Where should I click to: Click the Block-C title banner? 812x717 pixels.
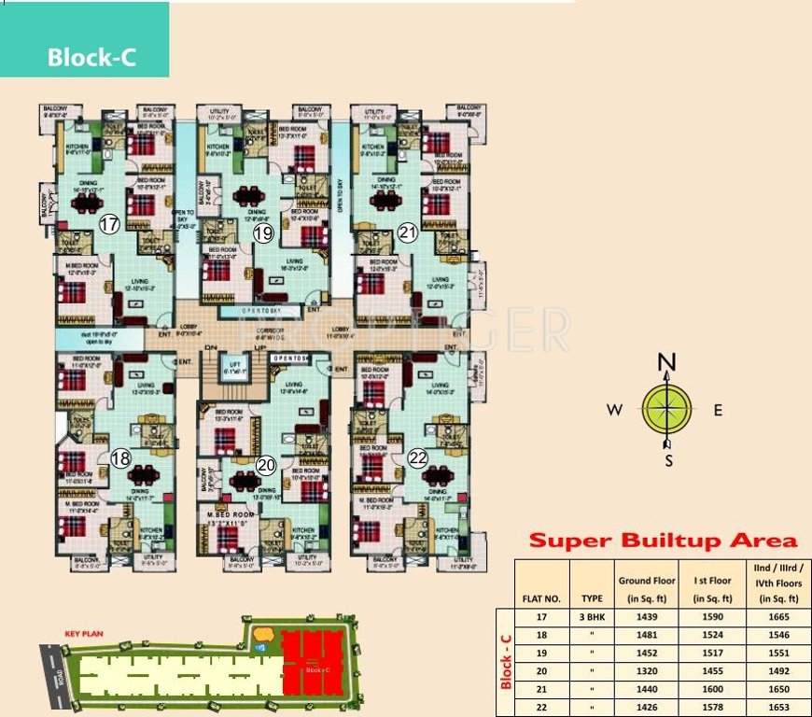click(91, 57)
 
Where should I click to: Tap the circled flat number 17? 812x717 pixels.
click(110, 224)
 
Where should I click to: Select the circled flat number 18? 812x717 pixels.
click(120, 458)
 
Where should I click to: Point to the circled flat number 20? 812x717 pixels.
click(266, 464)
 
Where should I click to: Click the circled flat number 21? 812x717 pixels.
click(407, 232)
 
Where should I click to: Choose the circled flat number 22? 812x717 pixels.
click(417, 457)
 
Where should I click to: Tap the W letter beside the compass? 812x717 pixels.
click(614, 410)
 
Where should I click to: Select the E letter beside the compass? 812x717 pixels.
click(718, 410)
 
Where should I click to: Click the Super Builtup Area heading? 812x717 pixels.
click(663, 540)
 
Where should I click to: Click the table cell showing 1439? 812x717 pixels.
click(647, 617)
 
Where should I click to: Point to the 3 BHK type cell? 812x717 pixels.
click(592, 617)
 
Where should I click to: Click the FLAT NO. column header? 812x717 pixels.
click(540, 598)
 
